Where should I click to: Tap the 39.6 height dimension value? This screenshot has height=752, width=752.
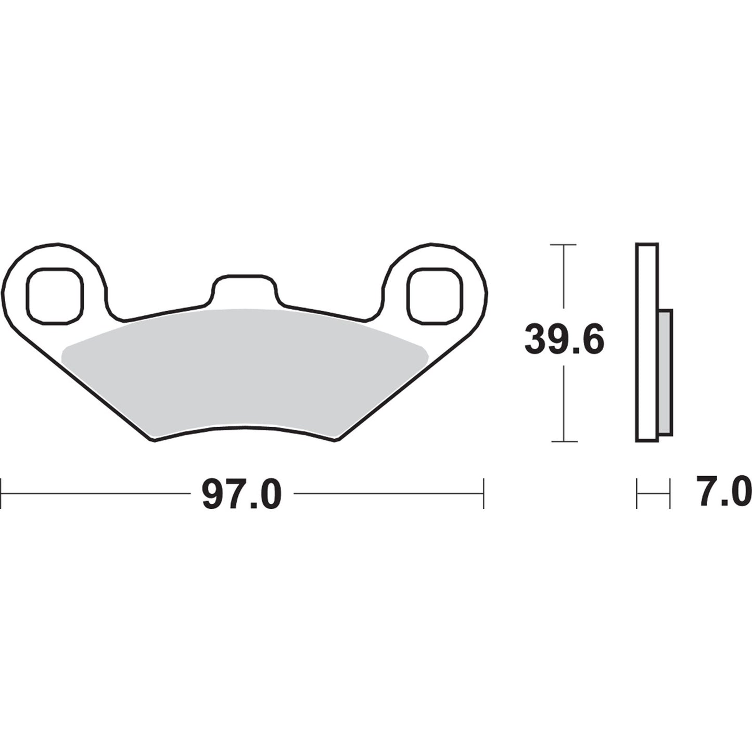(x=564, y=339)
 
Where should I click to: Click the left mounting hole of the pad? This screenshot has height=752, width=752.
(x=55, y=295)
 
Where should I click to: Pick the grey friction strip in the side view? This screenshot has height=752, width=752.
(x=665, y=372)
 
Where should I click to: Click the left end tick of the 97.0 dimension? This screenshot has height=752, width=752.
(x=2, y=493)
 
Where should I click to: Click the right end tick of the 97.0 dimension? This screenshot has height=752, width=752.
(x=484, y=493)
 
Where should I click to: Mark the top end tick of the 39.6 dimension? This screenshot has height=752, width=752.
(x=564, y=244)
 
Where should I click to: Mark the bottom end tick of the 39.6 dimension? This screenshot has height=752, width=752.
(x=564, y=441)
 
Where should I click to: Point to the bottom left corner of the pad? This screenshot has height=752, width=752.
(x=154, y=441)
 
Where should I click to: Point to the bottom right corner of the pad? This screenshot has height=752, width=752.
(x=337, y=441)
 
